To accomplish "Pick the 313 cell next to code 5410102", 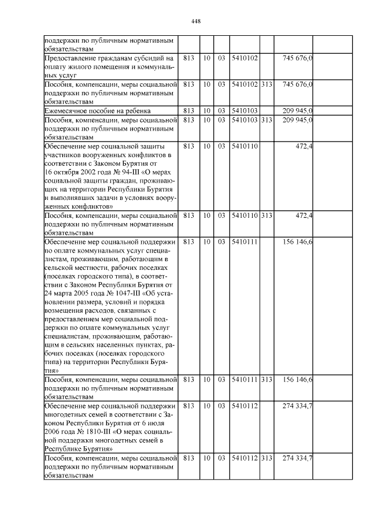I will pos(267,84).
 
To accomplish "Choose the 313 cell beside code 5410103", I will pos(267,120).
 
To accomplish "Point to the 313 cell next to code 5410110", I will pos(267,216).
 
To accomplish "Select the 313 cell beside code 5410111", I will pos(267,380).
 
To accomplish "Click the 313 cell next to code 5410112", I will pos(267,458).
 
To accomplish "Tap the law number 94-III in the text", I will pos(134,172).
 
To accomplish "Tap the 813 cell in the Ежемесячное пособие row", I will pos(188,110).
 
